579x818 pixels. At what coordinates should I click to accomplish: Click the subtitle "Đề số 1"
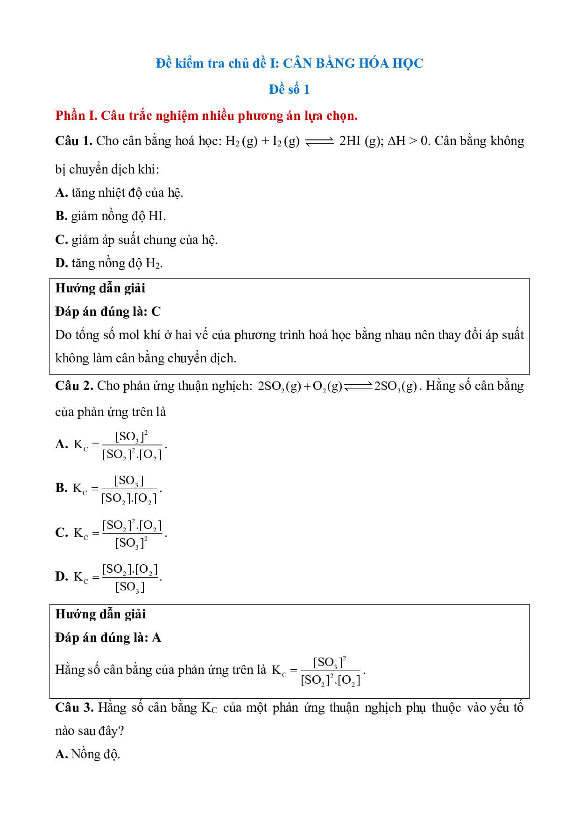(289, 89)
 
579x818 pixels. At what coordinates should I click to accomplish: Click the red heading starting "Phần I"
(206, 115)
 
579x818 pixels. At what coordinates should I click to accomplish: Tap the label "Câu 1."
(73, 141)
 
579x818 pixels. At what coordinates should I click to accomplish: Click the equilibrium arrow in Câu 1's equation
(319, 142)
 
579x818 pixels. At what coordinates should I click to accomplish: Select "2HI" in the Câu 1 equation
(349, 141)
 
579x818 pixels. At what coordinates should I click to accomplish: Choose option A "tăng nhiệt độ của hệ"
(119, 193)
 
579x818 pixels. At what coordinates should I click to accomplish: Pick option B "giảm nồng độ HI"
(111, 216)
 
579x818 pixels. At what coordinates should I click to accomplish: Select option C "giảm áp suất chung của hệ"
(136, 240)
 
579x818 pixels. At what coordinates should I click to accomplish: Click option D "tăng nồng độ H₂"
(109, 263)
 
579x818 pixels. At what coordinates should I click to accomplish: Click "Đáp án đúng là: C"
(108, 312)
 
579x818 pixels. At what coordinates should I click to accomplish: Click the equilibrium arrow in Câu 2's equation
(358, 386)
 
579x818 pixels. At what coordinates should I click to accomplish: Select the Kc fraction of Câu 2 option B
(129, 489)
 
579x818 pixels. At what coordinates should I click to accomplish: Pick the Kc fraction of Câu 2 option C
(132, 534)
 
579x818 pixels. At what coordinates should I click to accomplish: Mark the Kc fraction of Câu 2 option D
(130, 577)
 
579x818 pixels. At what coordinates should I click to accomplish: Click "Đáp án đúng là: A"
(108, 638)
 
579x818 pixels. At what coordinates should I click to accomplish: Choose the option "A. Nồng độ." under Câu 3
(88, 754)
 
